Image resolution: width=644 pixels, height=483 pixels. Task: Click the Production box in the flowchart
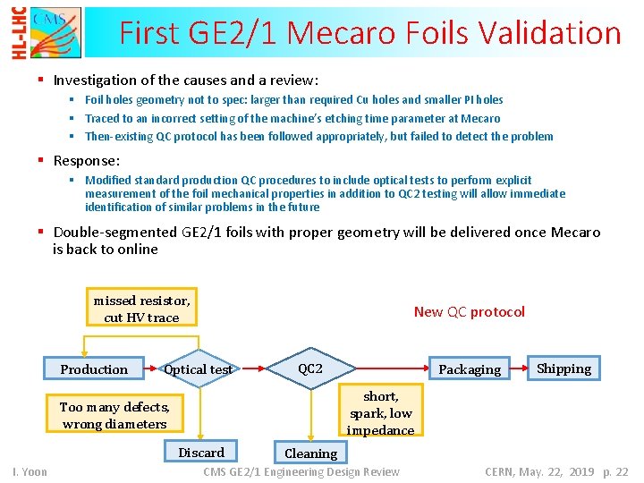coord(93,369)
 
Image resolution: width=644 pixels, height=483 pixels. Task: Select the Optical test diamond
coord(199,369)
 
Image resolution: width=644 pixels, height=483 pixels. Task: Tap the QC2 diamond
coord(310,369)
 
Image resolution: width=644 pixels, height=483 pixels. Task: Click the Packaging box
coord(470,369)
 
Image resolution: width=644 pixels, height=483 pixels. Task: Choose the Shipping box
coord(563,369)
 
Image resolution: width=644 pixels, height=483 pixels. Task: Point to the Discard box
coord(201,452)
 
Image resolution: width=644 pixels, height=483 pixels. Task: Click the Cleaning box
coord(310,453)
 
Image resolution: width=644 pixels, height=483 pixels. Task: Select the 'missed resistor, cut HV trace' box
coord(141,309)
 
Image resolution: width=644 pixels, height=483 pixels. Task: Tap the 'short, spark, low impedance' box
coord(380,412)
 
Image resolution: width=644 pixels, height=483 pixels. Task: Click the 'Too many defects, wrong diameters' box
coord(114,415)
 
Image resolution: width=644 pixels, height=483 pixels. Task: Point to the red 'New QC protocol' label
coord(469,312)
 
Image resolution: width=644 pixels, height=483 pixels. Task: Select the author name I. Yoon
coord(30,471)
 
